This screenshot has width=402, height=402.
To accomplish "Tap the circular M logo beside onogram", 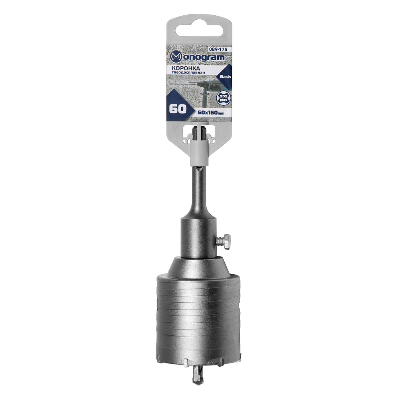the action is pos(176,57).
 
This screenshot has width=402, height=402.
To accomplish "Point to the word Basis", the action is pos(226,77).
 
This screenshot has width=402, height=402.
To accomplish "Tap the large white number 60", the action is pos(178,109).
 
